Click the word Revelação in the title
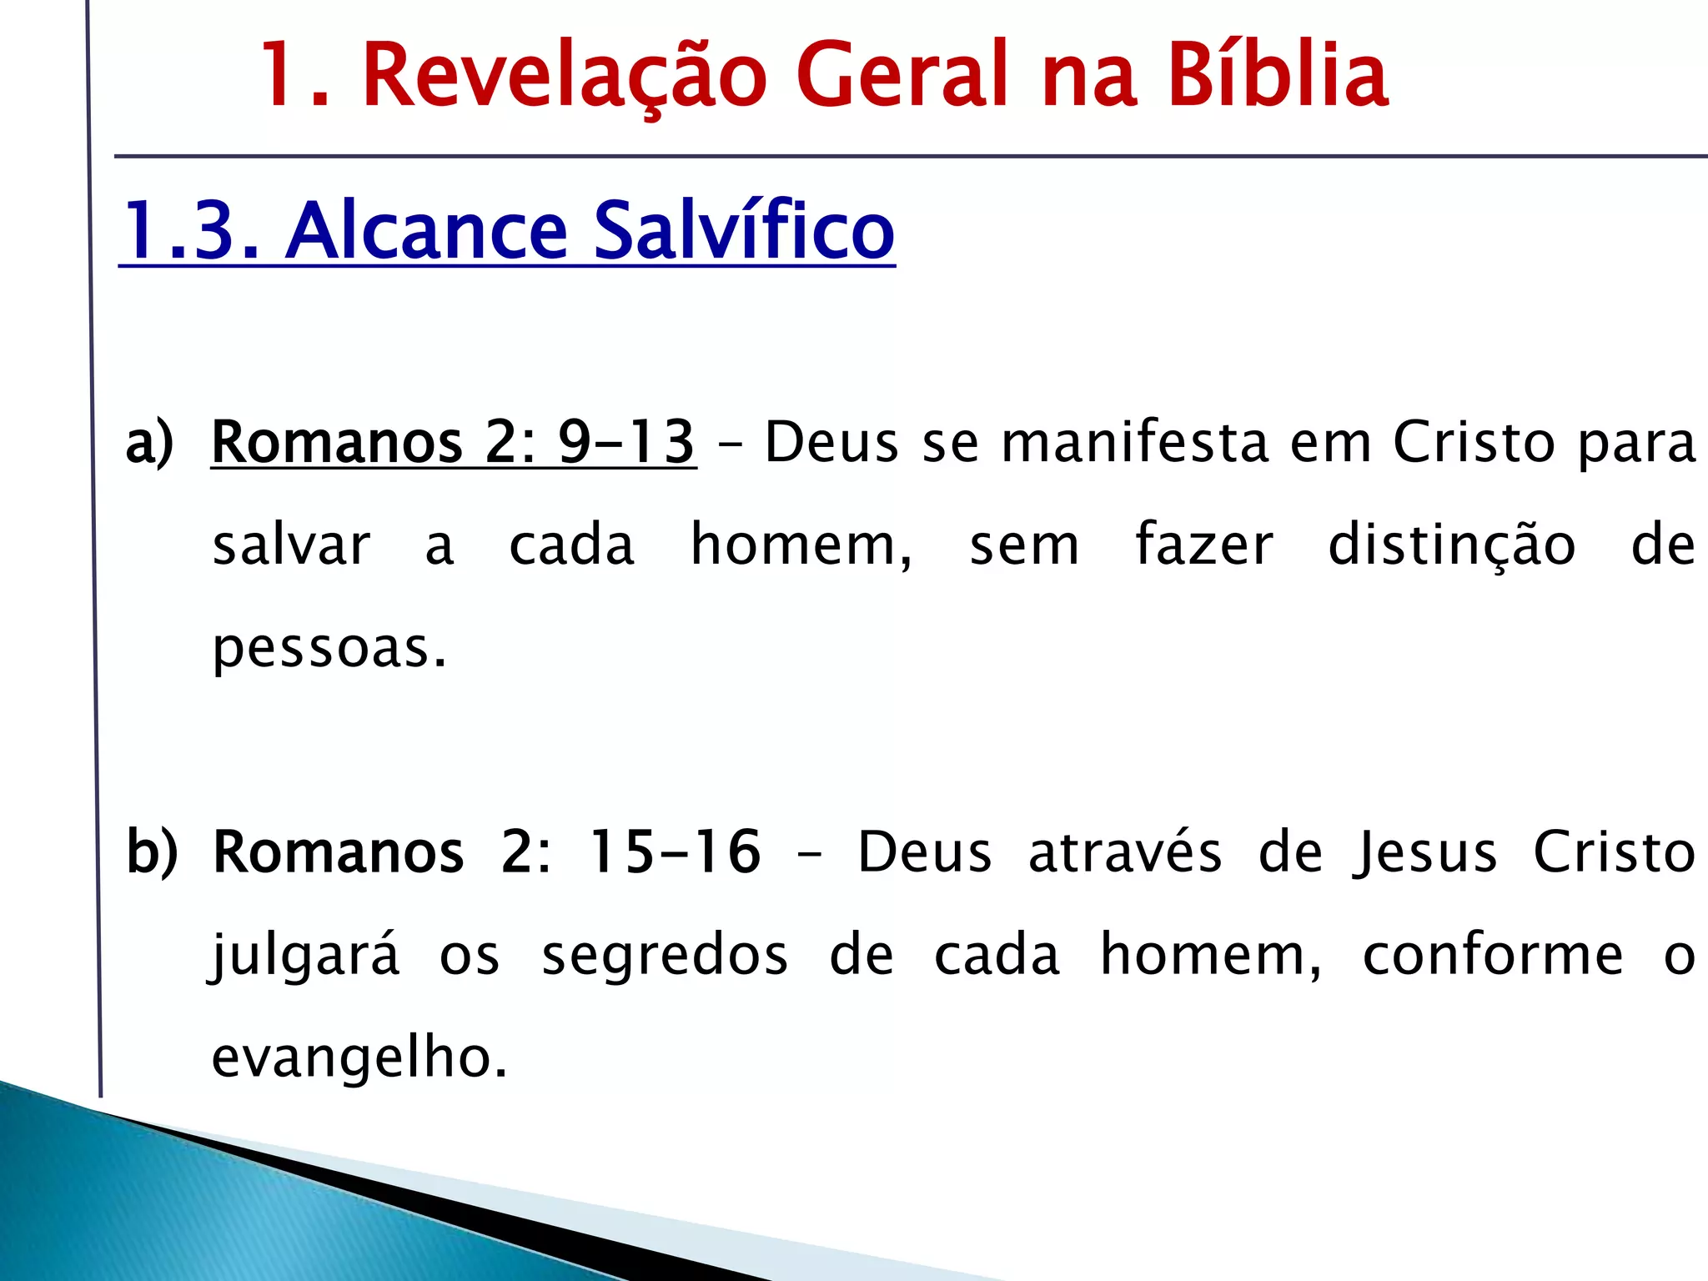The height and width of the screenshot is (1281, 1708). pyautogui.click(x=565, y=77)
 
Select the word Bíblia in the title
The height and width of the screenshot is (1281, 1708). pyautogui.click(x=1278, y=77)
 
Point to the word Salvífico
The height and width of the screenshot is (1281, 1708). pyautogui.click(x=744, y=231)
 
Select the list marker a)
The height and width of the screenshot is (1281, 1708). pyautogui.click(x=150, y=442)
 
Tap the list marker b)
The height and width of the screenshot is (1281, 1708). pyautogui.click(x=152, y=852)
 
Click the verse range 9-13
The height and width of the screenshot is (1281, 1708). pyautogui.click(x=625, y=442)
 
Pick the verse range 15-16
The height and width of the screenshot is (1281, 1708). pyautogui.click(x=675, y=852)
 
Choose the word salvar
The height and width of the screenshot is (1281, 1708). pyautogui.click(x=291, y=546)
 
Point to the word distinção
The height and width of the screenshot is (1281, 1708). pyautogui.click(x=1451, y=546)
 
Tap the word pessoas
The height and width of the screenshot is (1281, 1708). pyautogui.click(x=329, y=649)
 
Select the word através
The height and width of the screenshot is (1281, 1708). pyautogui.click(x=1125, y=852)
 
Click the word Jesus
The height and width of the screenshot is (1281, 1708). pyautogui.click(x=1425, y=852)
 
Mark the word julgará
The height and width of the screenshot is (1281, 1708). pyautogui.click(x=304, y=956)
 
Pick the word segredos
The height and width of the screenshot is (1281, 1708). pyautogui.click(x=665, y=956)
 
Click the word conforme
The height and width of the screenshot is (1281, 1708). pyautogui.click(x=1493, y=956)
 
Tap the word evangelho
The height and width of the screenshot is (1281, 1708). pyautogui.click(x=359, y=1057)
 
